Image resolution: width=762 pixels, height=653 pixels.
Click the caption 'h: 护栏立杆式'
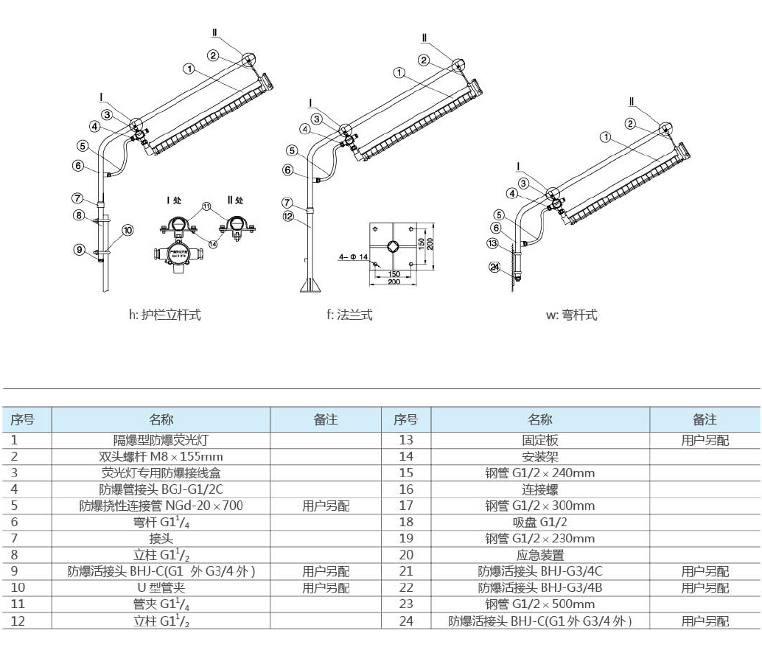coord(164,315)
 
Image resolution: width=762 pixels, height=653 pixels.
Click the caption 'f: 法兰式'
coord(349,315)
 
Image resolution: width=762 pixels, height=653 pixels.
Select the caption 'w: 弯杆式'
coord(571,315)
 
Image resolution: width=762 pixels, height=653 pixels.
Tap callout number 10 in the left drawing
coord(127,230)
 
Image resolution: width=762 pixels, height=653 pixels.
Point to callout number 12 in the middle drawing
coord(288,216)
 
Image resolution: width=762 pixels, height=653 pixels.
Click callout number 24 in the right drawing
coord(494,267)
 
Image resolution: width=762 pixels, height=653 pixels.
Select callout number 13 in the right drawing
coord(493,243)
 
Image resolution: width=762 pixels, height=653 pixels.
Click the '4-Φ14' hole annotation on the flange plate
coord(353,256)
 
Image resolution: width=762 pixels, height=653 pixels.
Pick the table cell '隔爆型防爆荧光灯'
coord(161,440)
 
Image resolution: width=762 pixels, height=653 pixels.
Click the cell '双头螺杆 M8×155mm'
coord(161,456)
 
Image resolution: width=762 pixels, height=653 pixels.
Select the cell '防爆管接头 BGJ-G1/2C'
coord(161,489)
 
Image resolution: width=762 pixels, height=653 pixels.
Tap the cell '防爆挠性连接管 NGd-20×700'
coord(161,506)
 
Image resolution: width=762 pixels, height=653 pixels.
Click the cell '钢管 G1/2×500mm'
coord(539,604)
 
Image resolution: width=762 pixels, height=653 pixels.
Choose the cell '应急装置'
coord(539,554)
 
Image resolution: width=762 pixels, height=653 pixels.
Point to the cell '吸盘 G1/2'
coord(539,522)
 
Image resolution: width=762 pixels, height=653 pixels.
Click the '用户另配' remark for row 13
coord(705,440)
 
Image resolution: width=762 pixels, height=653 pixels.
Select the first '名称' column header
coord(161,419)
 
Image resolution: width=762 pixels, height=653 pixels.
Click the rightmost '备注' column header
coord(705,419)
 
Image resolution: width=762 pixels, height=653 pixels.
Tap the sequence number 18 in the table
coord(406,522)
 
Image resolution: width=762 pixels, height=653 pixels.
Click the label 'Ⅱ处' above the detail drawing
coord(235,200)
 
